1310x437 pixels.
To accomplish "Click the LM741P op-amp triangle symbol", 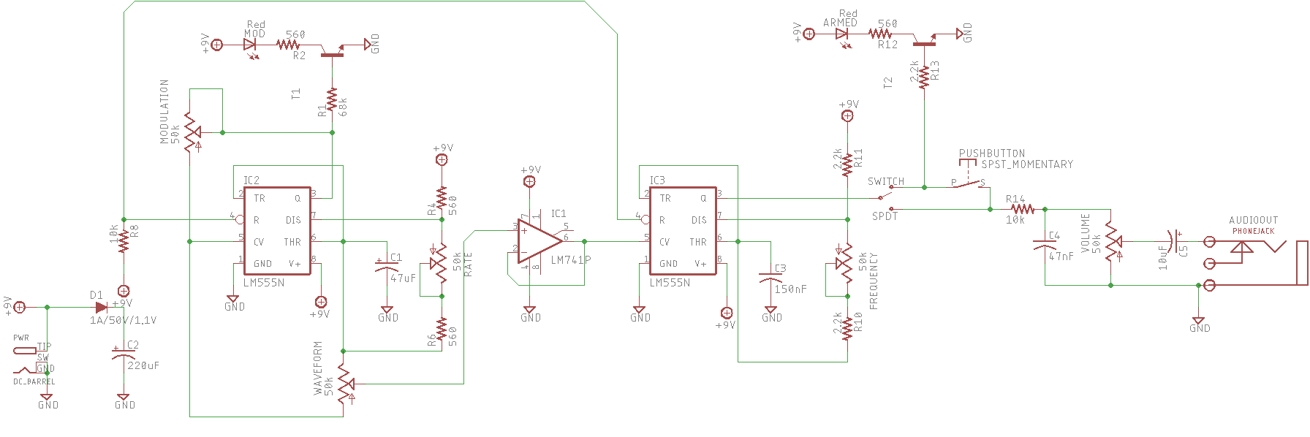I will click(x=538, y=239).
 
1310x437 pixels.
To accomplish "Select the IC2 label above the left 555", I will click(x=251, y=180).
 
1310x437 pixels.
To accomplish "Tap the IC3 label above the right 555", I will click(x=657, y=180).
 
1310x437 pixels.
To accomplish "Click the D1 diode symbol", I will click(x=101, y=308).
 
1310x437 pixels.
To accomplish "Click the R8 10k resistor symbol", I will click(x=124, y=240).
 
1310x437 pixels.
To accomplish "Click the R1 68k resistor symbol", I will click(x=332, y=100).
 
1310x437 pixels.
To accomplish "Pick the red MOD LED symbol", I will click(x=250, y=45).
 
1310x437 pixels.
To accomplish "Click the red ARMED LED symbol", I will click(x=841, y=34).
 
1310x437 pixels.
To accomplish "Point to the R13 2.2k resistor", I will click(x=924, y=75).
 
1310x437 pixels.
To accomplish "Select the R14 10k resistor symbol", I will click(x=1022, y=209).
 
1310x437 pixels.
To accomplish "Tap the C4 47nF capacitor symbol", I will click(x=1045, y=245).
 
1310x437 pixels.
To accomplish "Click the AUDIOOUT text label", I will click(x=1253, y=220).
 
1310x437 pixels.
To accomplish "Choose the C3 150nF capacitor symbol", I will click(x=771, y=278).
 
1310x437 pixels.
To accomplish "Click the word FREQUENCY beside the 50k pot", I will click(x=874, y=281).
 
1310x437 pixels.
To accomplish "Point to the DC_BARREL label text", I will click(x=34, y=381).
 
